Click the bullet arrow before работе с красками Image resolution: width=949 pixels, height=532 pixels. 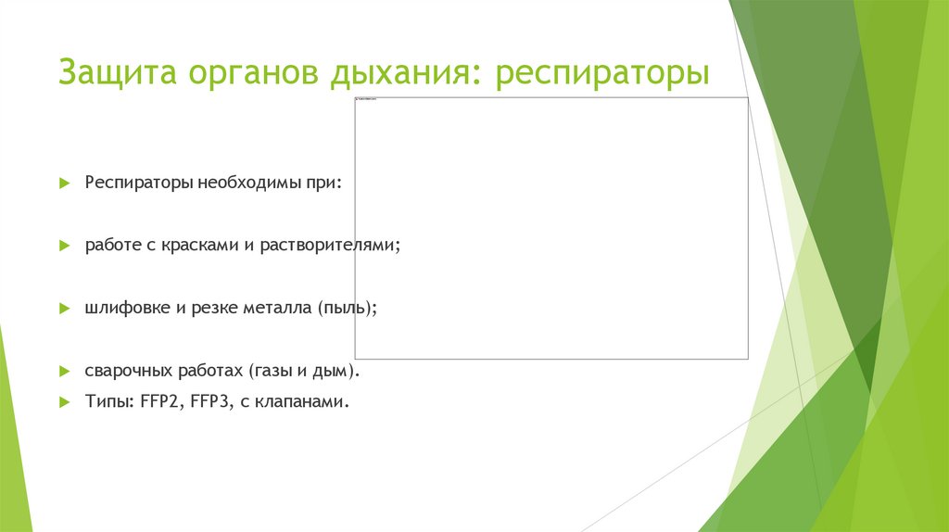pyautogui.click(x=65, y=246)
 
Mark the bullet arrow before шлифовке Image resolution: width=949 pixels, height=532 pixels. pyautogui.click(x=65, y=308)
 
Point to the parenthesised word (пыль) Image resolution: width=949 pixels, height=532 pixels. pyautogui.click(x=347, y=308)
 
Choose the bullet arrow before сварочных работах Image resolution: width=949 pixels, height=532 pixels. pyautogui.click(x=65, y=371)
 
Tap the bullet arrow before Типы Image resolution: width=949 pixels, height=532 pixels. pyautogui.click(x=65, y=402)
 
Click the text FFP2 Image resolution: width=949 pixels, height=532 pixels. pyautogui.click(x=160, y=402)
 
